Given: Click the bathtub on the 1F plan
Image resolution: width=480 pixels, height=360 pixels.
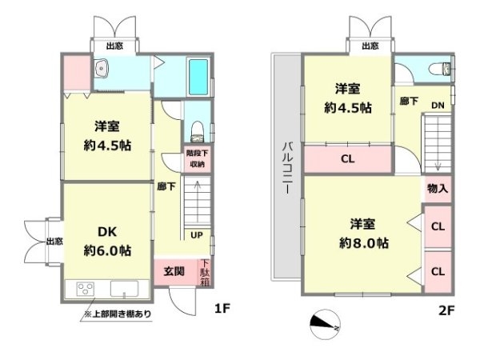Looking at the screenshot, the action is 198,77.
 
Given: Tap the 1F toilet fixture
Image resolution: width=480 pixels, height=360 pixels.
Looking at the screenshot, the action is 197,131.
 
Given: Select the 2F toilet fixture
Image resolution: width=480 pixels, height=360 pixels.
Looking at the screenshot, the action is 440,69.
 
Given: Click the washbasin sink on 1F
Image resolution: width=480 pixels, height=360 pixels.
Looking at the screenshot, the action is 101,68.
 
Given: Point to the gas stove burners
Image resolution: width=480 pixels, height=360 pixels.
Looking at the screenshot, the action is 86,289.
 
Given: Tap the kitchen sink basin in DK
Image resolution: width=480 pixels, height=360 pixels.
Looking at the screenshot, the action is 124,289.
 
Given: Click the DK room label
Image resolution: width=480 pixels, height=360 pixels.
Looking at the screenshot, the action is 107,232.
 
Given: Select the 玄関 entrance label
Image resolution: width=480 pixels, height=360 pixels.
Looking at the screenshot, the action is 174,271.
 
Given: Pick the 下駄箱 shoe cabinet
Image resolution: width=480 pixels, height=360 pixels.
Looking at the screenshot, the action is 205,273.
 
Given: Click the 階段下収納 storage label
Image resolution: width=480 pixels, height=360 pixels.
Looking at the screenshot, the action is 197,158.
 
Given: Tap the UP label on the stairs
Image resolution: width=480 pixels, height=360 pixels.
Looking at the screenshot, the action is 197,235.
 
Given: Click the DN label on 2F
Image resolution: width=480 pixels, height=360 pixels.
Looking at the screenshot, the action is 438,106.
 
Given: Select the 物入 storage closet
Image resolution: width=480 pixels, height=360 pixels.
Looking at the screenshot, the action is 438,189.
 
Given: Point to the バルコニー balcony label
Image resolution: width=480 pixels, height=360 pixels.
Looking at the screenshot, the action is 288,168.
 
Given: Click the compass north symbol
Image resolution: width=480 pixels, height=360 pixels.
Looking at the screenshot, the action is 325,325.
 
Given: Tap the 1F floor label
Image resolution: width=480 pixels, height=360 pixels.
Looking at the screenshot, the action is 222,309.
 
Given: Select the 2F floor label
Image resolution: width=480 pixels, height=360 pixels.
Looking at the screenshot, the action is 446,310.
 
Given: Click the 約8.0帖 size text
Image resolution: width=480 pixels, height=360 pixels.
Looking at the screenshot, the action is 364,243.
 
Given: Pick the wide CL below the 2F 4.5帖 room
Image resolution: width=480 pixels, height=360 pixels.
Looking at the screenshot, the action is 348,159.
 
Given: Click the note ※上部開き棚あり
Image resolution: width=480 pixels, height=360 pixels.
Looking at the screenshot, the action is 118,314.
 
